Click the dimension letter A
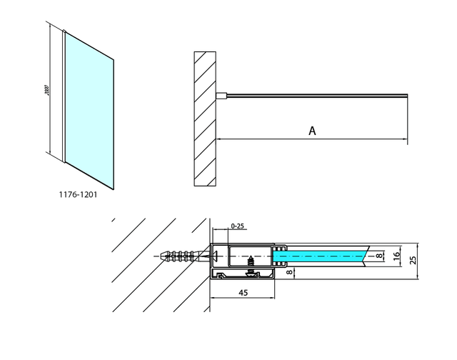312,130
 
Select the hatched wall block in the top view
204,117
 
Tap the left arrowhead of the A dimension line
219,139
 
